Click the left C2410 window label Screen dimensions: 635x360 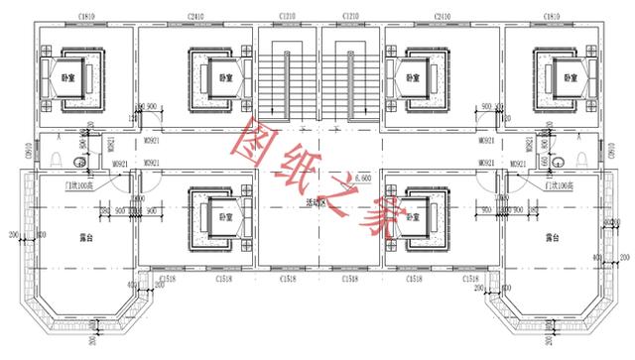click(196, 18)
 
